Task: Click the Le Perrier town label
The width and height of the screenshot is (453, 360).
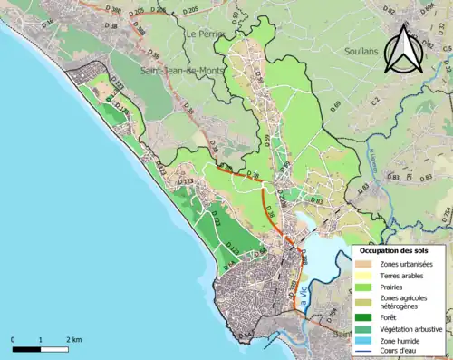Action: pos(205,34)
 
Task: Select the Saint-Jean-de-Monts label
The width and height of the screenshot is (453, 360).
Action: pos(178,69)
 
